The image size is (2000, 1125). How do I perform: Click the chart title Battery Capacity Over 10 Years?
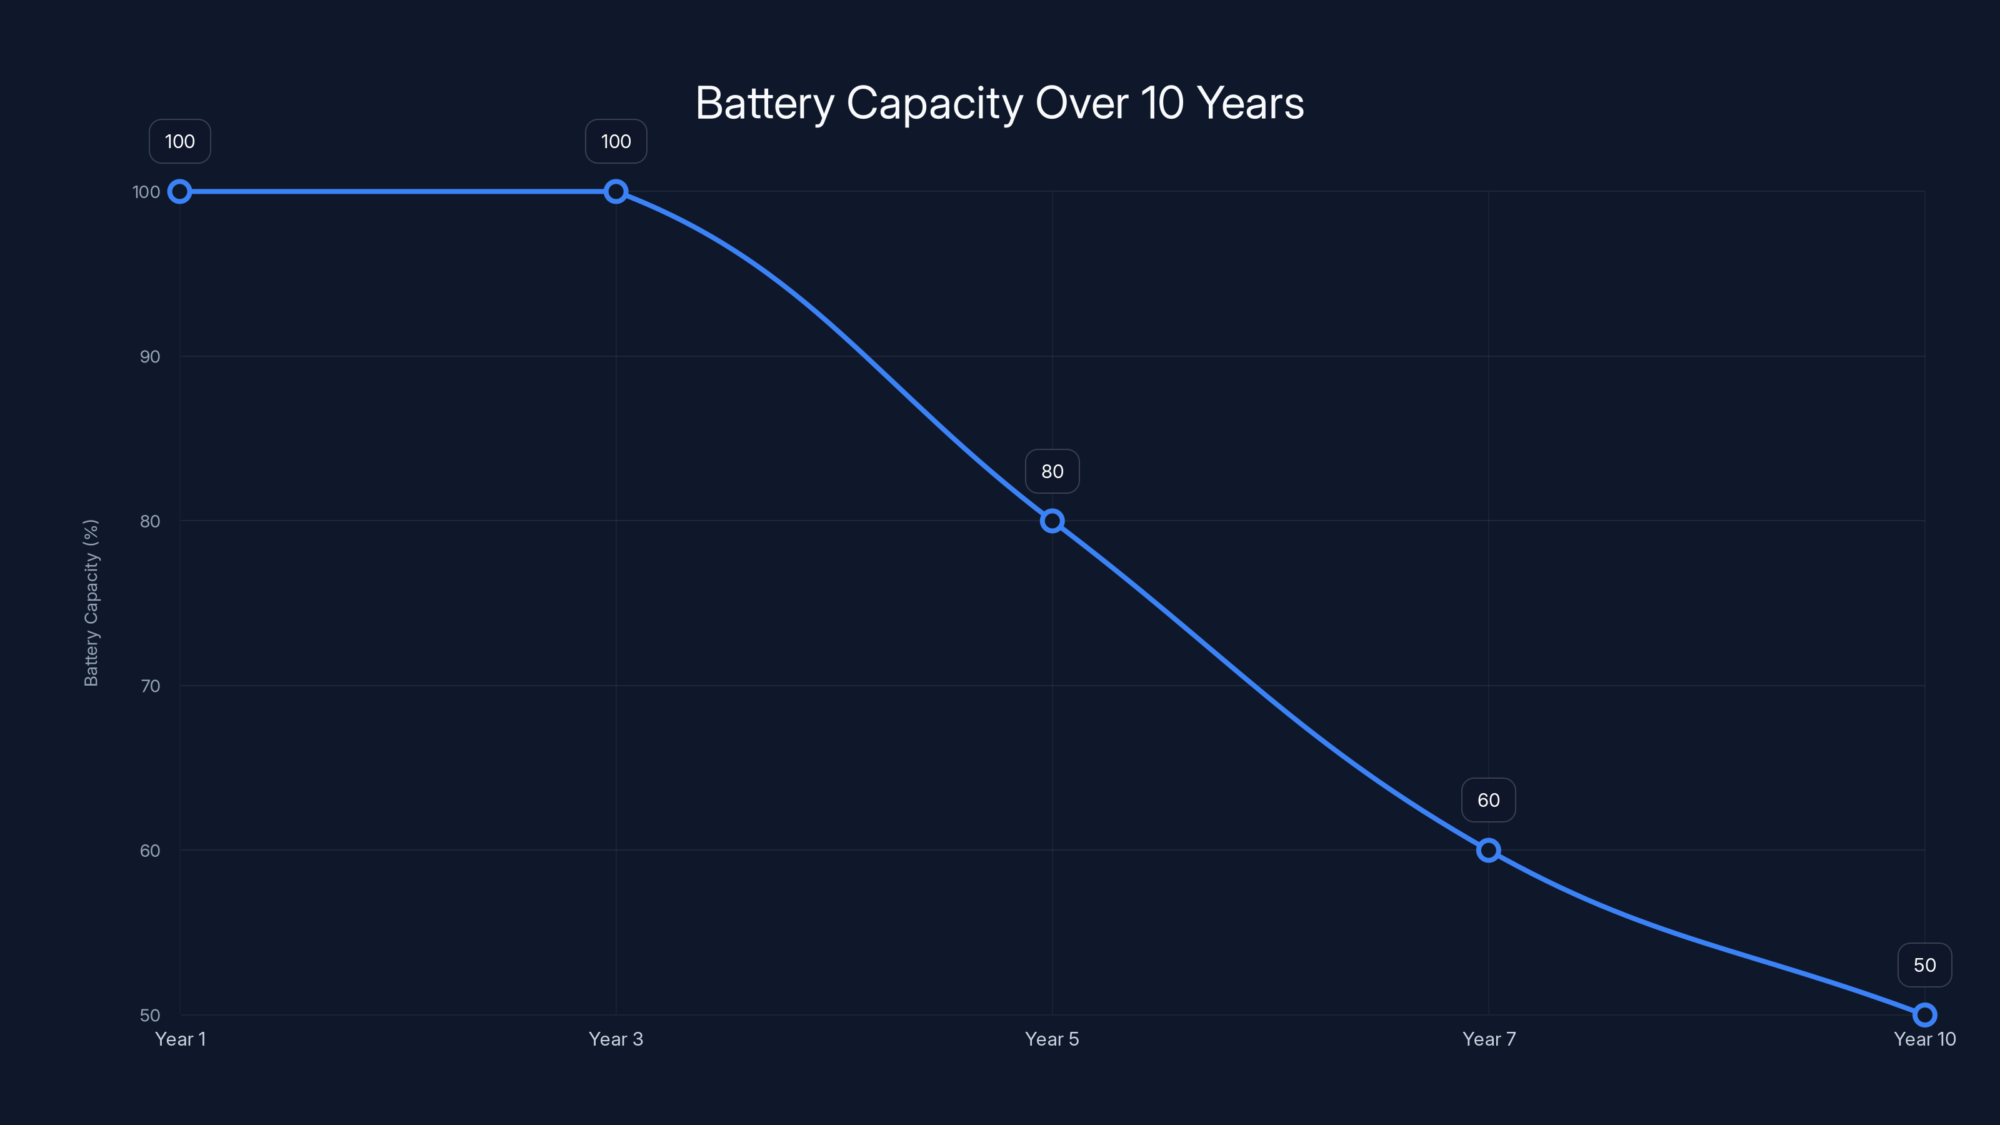[x=999, y=103]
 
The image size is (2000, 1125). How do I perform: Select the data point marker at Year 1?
[x=180, y=192]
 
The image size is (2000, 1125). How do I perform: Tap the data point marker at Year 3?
[x=616, y=192]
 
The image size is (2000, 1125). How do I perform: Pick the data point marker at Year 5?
[x=1052, y=521]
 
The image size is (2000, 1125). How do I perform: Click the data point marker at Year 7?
[x=1488, y=850]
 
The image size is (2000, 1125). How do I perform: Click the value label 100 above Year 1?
[x=180, y=141]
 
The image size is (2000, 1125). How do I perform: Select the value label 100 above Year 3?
[x=616, y=141]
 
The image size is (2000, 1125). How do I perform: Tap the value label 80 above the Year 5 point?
[x=1052, y=471]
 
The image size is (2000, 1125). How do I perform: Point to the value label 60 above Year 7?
[x=1488, y=801]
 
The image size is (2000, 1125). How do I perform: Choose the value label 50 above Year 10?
[x=1925, y=965]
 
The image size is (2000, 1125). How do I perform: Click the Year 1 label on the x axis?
[x=180, y=1039]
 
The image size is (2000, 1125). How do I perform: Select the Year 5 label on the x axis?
[x=1052, y=1039]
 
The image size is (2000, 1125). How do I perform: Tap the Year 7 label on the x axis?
[x=1488, y=1039]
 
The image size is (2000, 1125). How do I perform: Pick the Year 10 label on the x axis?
[x=1925, y=1039]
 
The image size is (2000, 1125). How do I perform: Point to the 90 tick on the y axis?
[x=150, y=356]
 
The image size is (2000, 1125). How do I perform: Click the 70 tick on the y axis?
[x=150, y=686]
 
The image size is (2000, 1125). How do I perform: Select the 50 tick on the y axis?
[x=150, y=1015]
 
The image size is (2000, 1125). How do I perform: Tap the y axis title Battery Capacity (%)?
[x=92, y=602]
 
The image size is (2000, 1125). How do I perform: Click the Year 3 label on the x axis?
[x=616, y=1039]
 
